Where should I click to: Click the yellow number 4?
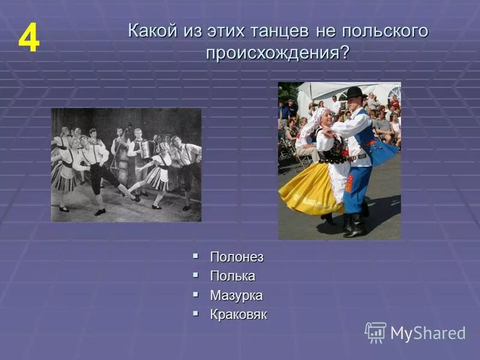[28, 40]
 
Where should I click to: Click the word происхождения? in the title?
[277, 52]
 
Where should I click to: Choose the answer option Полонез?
[236, 257]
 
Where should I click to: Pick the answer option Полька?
[232, 276]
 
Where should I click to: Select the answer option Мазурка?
[236, 295]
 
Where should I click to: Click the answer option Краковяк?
[238, 314]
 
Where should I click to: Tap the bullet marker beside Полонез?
[196, 256]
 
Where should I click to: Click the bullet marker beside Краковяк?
[196, 314]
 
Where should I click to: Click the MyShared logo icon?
[376, 332]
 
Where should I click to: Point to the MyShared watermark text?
[428, 334]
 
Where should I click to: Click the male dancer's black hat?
[354, 93]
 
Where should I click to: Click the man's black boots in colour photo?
[354, 225]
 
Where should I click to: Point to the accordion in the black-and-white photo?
[143, 149]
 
